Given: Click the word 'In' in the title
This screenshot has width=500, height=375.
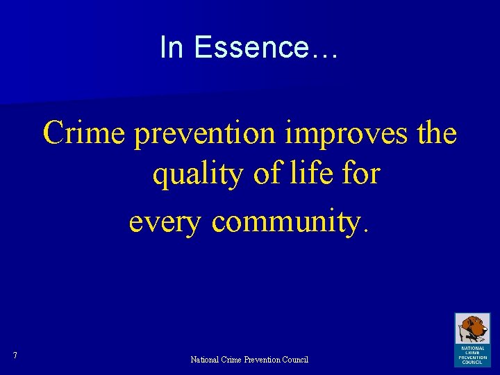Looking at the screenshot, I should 170,47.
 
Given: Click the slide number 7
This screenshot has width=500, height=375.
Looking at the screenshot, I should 15,356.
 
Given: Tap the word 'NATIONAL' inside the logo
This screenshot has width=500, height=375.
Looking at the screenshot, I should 472,348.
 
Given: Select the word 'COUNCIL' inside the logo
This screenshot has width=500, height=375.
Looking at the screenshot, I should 472,362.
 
